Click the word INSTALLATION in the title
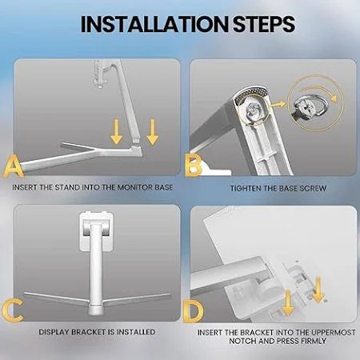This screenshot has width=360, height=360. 154,24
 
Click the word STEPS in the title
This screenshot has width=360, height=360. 264,24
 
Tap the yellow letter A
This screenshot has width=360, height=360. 14,167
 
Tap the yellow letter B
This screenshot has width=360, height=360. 193,165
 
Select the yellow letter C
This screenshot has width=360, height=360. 13,310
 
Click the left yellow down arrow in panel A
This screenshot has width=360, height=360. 116,132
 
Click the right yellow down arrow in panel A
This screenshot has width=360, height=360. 153,132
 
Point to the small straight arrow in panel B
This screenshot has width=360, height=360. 278,105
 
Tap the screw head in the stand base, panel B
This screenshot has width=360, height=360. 253,110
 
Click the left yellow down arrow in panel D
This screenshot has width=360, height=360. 288,303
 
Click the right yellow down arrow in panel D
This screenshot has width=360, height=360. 318,290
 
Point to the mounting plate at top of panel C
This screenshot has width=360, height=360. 96,231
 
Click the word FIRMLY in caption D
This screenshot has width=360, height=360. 314,341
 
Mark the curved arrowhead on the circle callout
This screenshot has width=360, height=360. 334,98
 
